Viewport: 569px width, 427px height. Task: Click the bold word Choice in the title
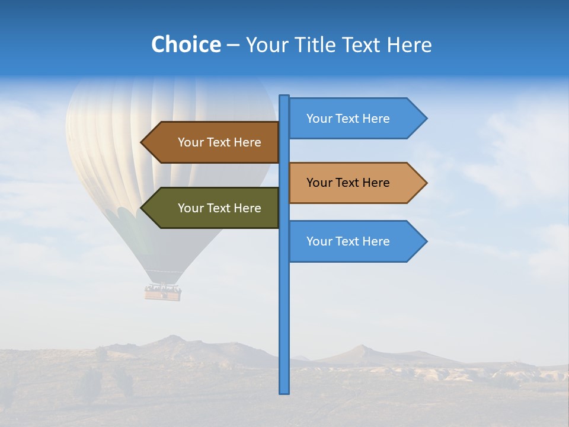pos(186,44)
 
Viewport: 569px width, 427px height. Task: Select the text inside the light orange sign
pos(348,183)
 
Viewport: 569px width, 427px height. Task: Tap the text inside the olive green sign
pos(219,208)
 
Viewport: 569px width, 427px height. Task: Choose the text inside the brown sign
pos(219,142)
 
